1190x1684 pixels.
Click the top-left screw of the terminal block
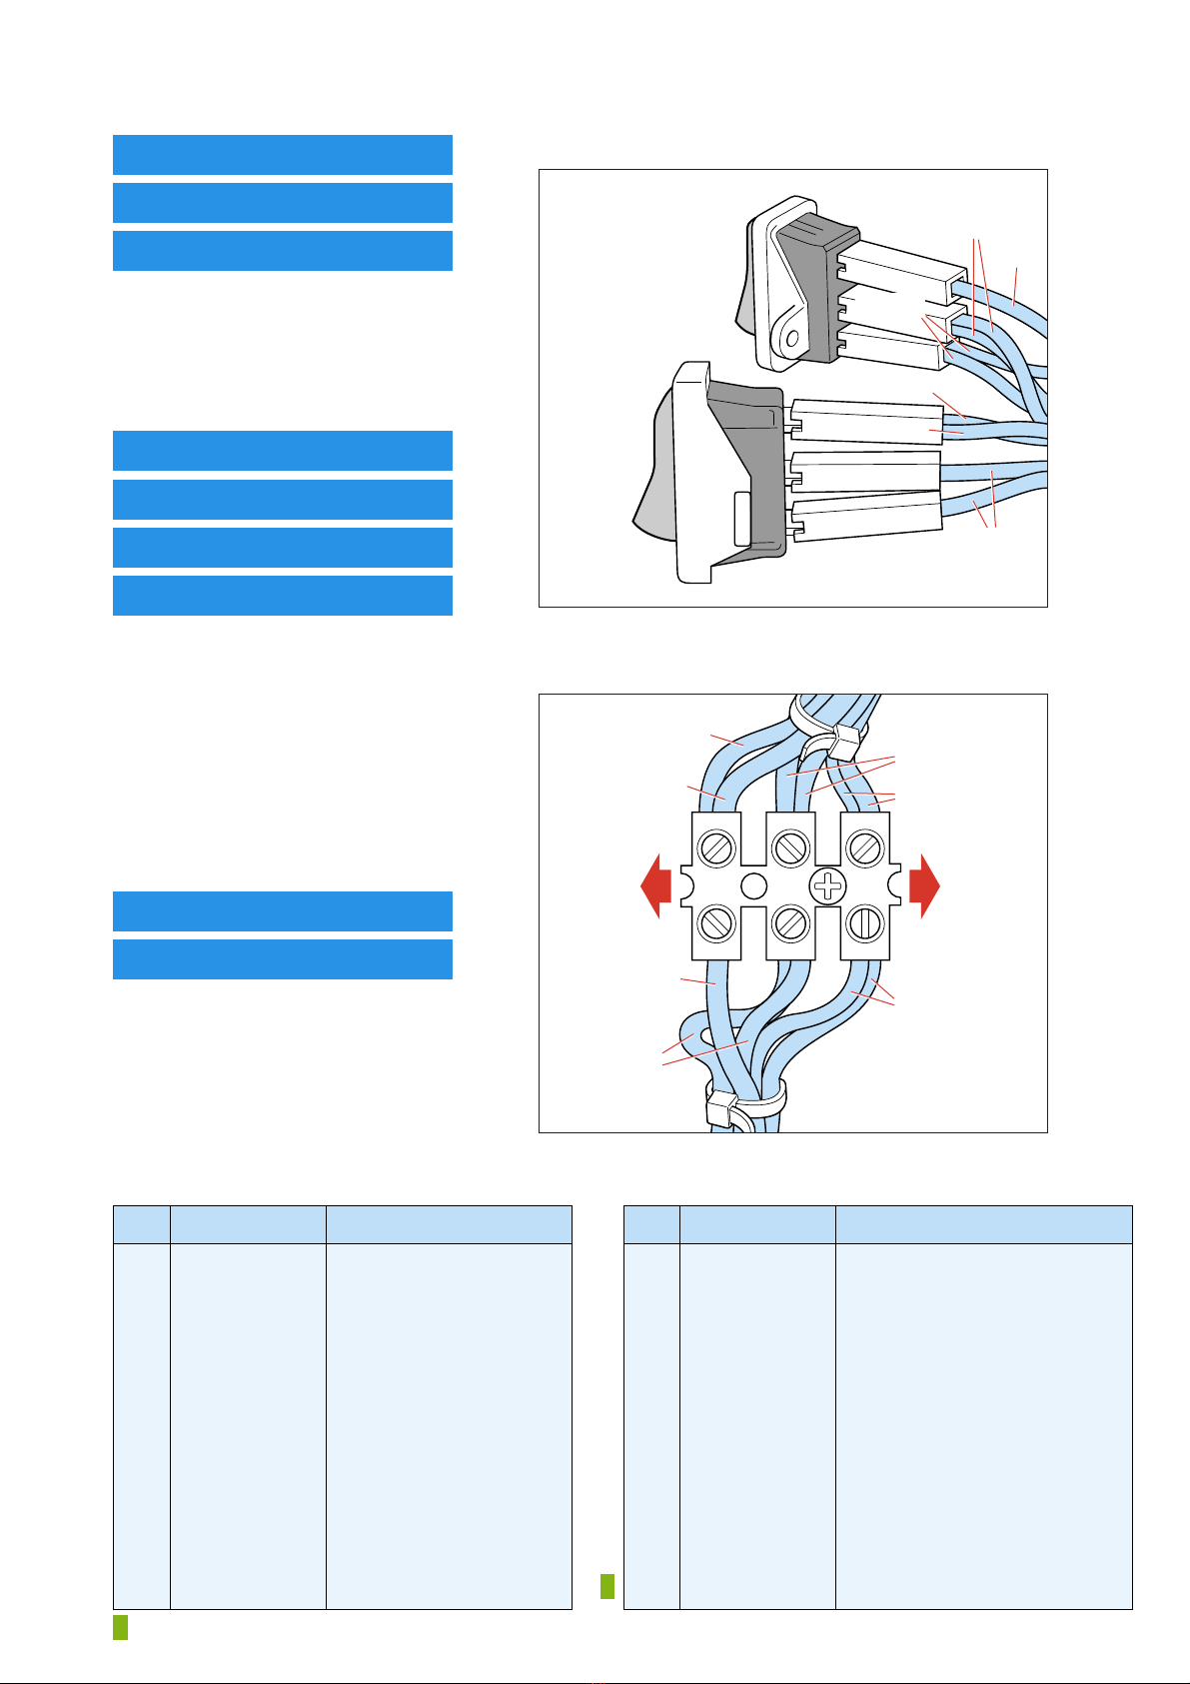717,848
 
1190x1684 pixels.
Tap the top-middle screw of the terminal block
790,848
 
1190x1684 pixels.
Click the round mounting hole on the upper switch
791,340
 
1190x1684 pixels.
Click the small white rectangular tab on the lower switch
741,519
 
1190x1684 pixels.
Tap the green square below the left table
120,1627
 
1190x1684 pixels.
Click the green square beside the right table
607,1586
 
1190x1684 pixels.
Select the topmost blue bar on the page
283,155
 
